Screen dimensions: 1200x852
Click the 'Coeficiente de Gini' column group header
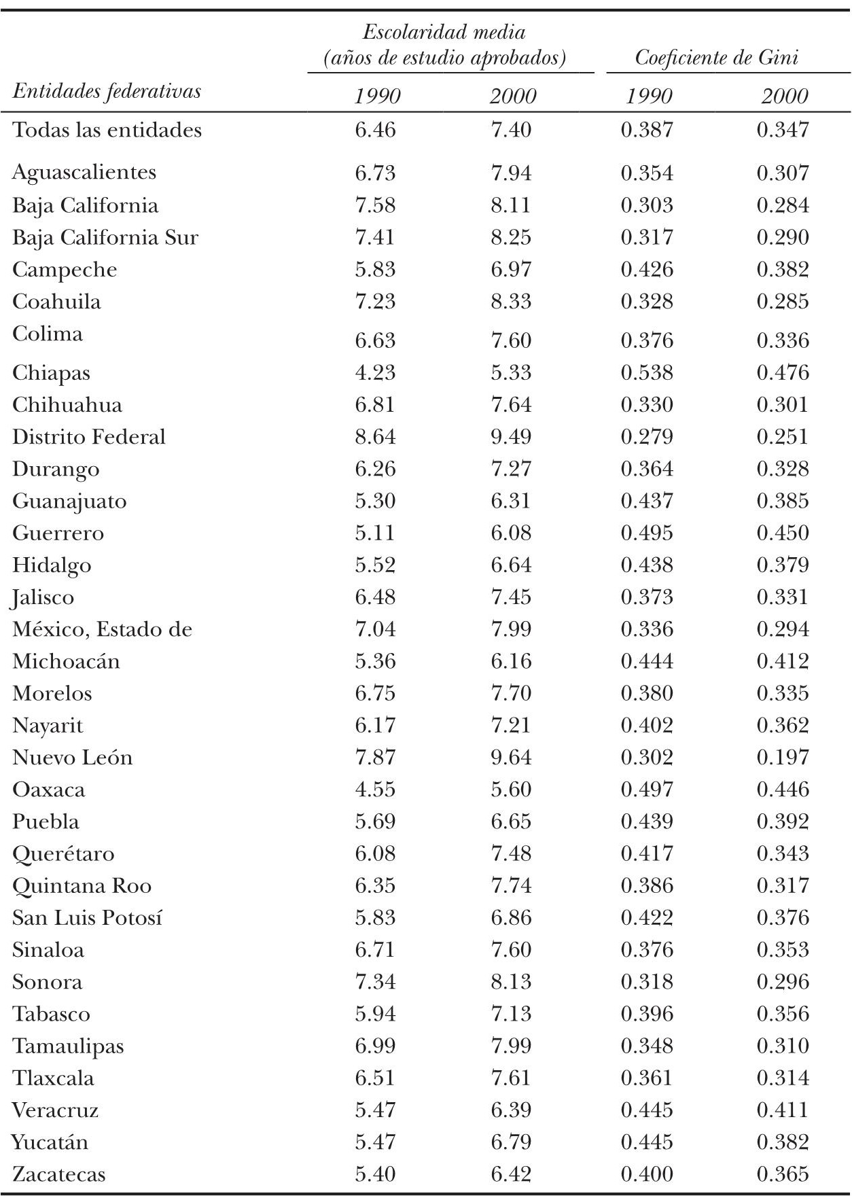tap(716, 58)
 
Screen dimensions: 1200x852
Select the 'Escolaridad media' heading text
tap(444, 32)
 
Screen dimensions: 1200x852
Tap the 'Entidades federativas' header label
tap(107, 91)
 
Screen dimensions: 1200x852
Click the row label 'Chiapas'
tap(51, 373)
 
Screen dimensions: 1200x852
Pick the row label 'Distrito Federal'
tap(88, 437)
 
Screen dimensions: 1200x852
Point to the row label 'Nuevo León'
tap(72, 758)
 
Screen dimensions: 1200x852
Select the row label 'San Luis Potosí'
tap(87, 918)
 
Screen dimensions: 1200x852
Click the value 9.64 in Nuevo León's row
tap(511, 758)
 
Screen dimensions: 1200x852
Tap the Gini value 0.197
tap(783, 758)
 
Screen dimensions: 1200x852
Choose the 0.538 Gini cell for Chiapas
tap(647, 373)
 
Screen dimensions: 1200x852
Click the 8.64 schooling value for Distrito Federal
tap(375, 437)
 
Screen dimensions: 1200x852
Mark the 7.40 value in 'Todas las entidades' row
tap(511, 130)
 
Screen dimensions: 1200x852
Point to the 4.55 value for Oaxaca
tap(375, 790)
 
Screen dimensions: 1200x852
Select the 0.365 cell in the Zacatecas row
tap(783, 1174)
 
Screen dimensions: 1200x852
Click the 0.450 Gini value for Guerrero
tap(783, 533)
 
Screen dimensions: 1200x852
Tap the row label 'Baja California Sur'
tap(105, 238)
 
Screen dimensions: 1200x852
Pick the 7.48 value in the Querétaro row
tap(511, 854)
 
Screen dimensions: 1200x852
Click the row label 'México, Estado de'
tap(102, 629)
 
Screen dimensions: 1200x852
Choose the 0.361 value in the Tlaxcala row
tap(647, 1078)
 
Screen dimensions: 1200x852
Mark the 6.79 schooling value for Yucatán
tap(511, 1142)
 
